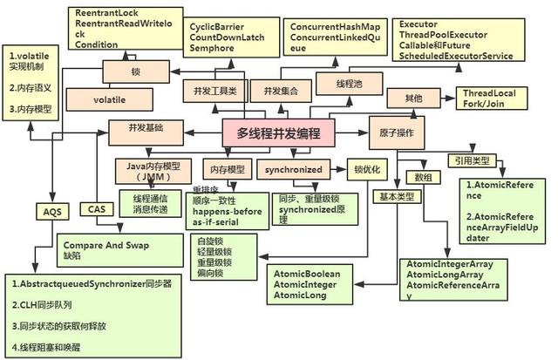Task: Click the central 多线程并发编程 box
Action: click(278, 133)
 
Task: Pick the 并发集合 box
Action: click(273, 91)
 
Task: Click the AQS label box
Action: click(48, 210)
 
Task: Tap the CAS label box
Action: click(96, 209)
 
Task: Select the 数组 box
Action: click(424, 177)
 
